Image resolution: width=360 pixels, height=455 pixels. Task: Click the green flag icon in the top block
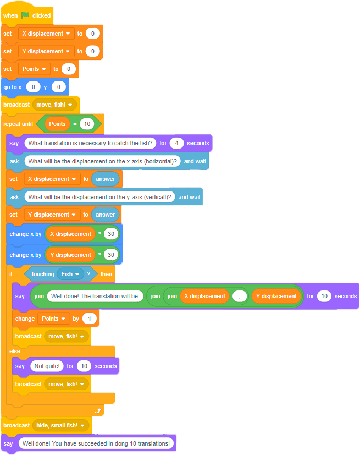tap(25, 15)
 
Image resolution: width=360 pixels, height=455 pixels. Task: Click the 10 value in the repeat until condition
tap(87, 124)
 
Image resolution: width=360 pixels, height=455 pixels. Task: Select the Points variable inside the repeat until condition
tap(57, 124)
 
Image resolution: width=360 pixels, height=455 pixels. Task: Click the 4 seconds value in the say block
tap(176, 143)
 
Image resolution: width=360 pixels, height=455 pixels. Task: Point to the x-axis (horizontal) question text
tap(103, 161)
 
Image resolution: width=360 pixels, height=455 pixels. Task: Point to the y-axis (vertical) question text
tap(99, 197)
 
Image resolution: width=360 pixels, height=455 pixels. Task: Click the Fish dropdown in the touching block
tap(70, 274)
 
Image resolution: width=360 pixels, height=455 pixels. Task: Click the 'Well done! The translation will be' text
tap(95, 296)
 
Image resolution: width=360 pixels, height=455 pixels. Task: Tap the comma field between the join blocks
tap(239, 296)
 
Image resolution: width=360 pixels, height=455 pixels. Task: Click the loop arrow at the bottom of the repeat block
tap(98, 410)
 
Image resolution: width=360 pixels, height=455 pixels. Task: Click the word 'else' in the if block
tap(15, 350)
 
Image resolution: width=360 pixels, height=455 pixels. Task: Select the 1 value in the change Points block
tap(88, 319)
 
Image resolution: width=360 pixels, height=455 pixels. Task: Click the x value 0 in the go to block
tap(34, 87)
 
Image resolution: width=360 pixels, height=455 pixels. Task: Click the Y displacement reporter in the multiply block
tap(70, 255)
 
